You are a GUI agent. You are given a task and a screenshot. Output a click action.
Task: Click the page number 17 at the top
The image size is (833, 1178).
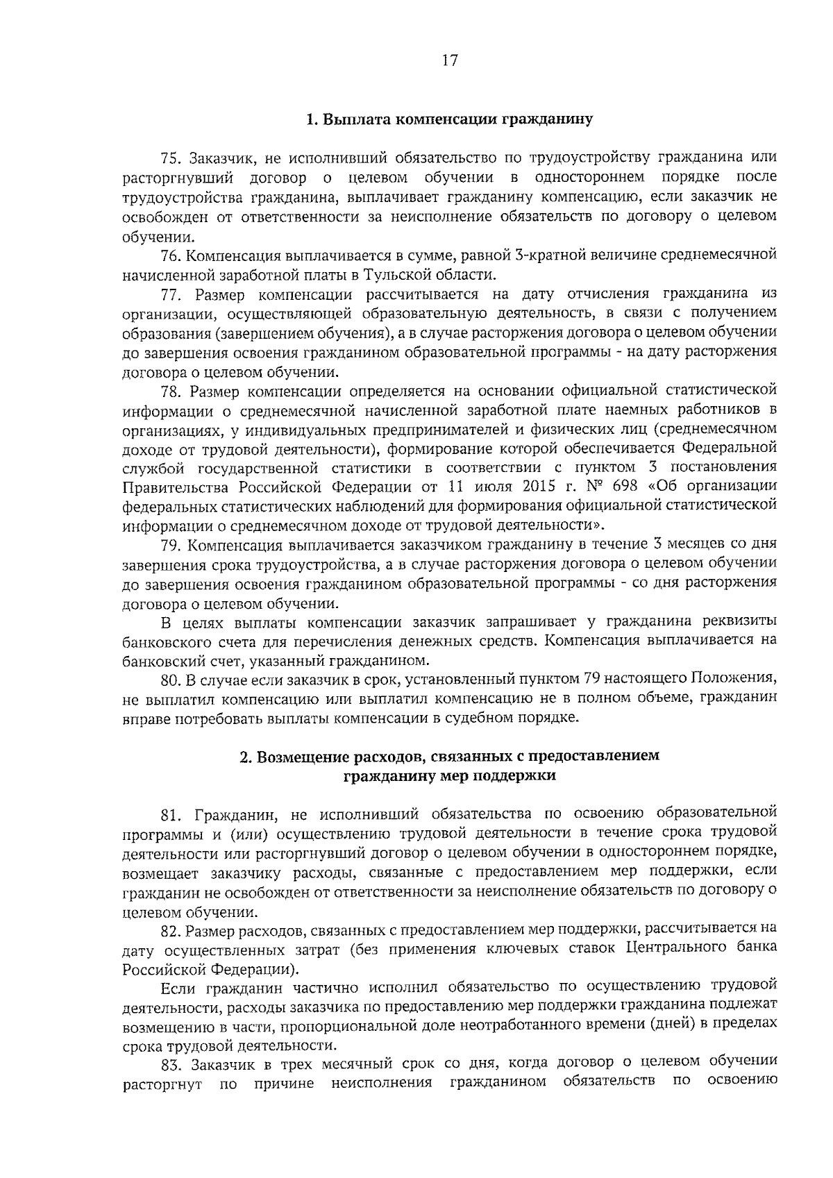pos(449,60)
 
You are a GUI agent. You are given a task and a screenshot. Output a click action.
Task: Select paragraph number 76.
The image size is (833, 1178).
pos(171,255)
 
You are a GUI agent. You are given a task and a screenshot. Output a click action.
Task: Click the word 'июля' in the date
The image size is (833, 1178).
pos(496,485)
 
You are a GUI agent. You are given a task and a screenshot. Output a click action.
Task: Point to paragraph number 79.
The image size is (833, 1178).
pos(171,544)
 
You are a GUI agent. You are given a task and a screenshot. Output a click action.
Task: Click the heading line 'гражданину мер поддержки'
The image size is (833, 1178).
pos(450,776)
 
